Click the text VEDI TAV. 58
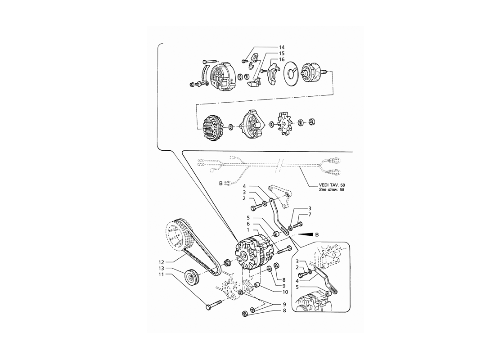coord(331,185)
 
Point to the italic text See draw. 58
coord(331,189)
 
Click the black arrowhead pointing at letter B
coord(305,234)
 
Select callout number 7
coord(310,215)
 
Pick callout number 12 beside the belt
coord(162,262)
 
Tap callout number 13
coord(162,268)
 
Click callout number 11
coord(162,274)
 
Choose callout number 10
coord(285,292)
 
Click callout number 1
coord(248,229)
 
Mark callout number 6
coord(248,224)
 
